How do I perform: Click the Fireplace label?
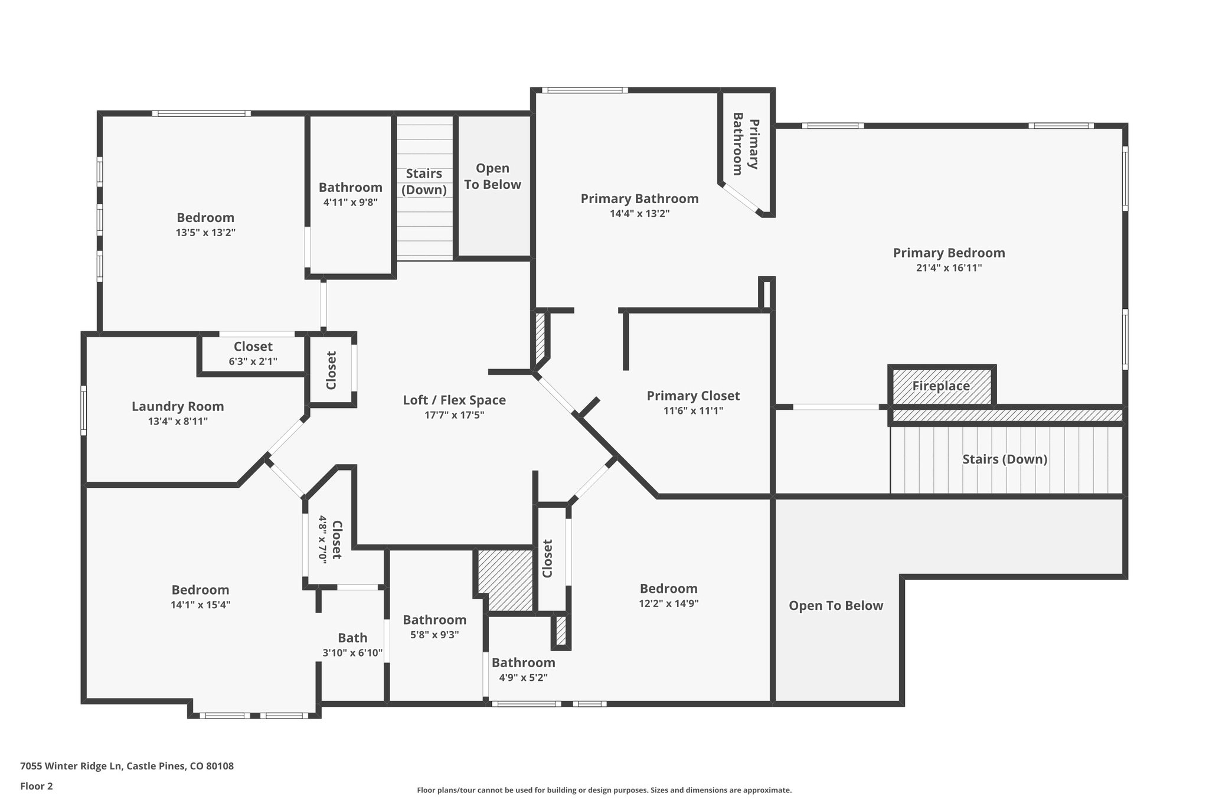click(x=941, y=386)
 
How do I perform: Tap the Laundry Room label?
click(x=178, y=406)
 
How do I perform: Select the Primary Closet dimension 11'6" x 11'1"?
click(x=693, y=410)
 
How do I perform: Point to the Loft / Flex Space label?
click(x=455, y=400)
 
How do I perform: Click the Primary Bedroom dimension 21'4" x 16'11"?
click(x=949, y=267)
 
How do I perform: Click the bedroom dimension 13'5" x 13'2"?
click(x=205, y=232)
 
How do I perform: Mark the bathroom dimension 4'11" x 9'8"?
click(x=351, y=202)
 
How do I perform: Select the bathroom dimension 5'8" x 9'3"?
click(x=435, y=635)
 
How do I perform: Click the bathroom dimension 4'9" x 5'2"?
click(x=524, y=677)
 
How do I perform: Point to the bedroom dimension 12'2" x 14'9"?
click(x=669, y=603)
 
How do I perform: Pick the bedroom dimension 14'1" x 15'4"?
click(x=201, y=605)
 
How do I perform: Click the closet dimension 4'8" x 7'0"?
click(x=322, y=539)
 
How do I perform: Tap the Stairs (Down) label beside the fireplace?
click(x=1005, y=459)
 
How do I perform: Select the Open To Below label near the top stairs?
click(x=492, y=176)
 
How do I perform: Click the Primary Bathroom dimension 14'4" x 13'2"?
click(x=640, y=213)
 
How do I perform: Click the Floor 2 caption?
click(x=37, y=786)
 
